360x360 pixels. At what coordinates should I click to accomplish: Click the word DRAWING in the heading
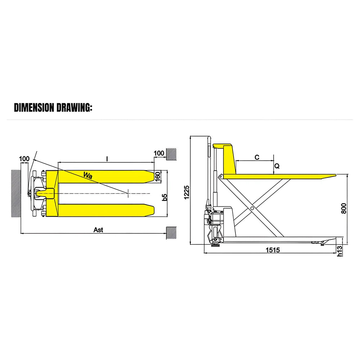coord(74,107)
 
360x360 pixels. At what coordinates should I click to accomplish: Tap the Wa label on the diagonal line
coord(88,175)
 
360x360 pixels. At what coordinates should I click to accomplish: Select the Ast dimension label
coord(98,230)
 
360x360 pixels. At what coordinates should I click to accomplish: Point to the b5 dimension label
coord(165,197)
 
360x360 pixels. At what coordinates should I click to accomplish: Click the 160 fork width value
coord(158,177)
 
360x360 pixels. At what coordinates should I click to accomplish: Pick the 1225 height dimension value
coord(186,192)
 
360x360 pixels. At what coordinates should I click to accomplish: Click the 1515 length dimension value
coord(273,250)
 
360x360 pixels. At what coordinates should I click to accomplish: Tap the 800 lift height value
coord(344,208)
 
